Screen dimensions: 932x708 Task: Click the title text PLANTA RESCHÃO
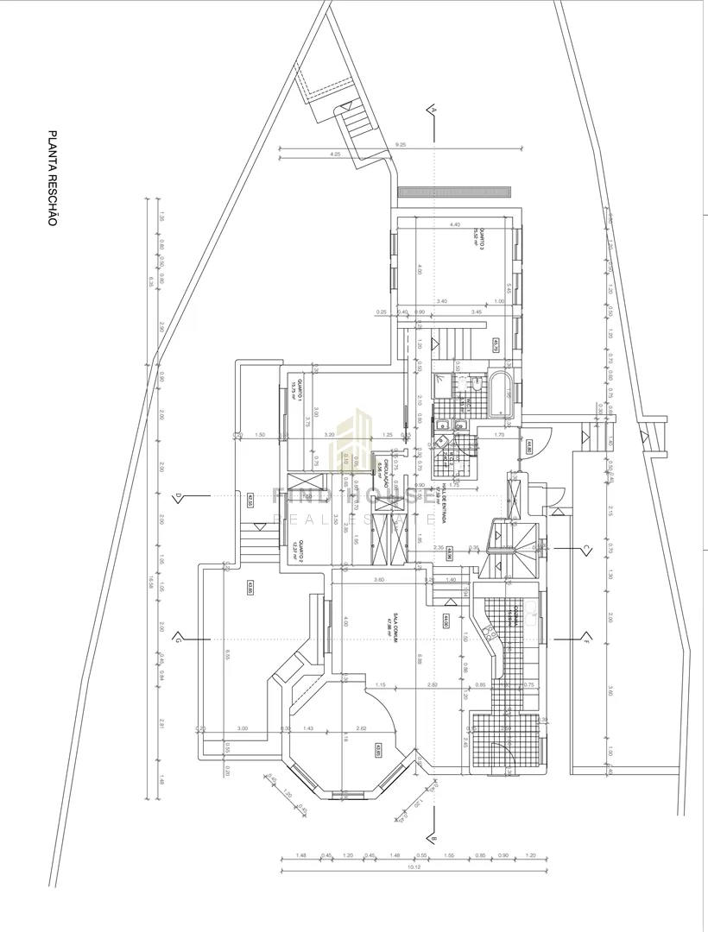pyautogui.click(x=52, y=179)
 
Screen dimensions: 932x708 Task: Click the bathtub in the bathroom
pyautogui.click(x=500, y=395)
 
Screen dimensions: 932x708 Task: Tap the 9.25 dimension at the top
pyautogui.click(x=400, y=144)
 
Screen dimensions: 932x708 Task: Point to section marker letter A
pyautogui.click(x=434, y=110)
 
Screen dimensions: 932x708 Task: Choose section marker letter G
pyautogui.click(x=177, y=639)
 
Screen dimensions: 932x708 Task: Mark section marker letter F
pyautogui.click(x=585, y=639)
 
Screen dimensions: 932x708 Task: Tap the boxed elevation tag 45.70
pyautogui.click(x=496, y=345)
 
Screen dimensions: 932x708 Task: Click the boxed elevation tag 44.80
pyautogui.click(x=528, y=447)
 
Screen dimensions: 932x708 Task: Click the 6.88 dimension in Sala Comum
pyautogui.click(x=418, y=660)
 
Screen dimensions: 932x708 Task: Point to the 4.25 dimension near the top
pyautogui.click(x=334, y=154)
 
